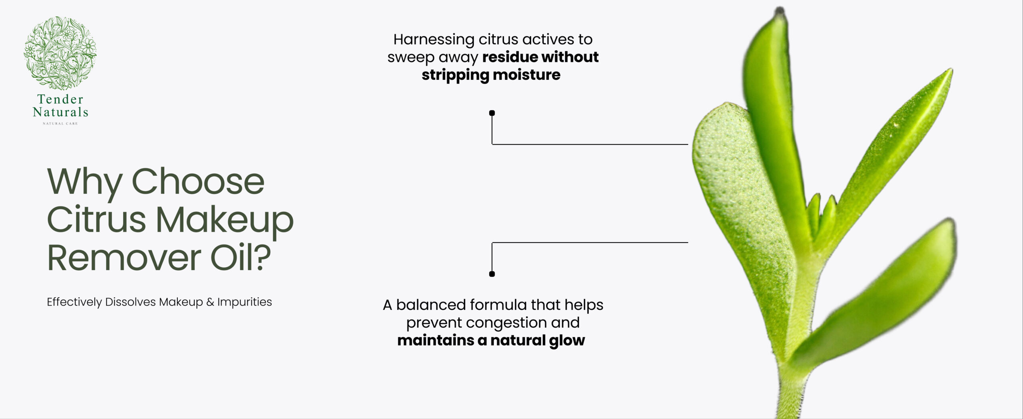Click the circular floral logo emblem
60,53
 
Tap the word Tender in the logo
60,99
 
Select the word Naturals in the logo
60,112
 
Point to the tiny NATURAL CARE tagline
60,123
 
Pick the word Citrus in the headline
97,219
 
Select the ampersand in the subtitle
210,302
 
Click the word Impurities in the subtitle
245,302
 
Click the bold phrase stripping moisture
491,75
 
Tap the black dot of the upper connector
492,113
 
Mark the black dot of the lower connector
492,274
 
